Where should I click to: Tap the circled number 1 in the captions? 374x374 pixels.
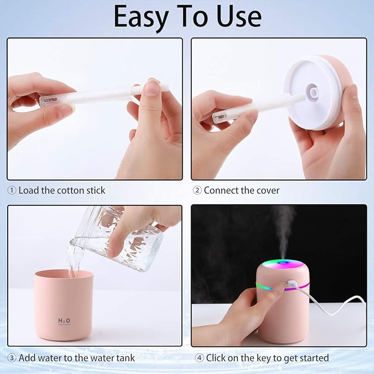[x=12, y=191]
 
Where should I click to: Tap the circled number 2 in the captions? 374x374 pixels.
[x=197, y=191]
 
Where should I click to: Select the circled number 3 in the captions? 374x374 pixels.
[x=12, y=358]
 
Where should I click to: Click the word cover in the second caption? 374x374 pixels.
[x=267, y=191]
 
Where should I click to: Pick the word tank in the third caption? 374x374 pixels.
[x=125, y=358]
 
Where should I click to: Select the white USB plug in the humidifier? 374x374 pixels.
[x=290, y=284]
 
